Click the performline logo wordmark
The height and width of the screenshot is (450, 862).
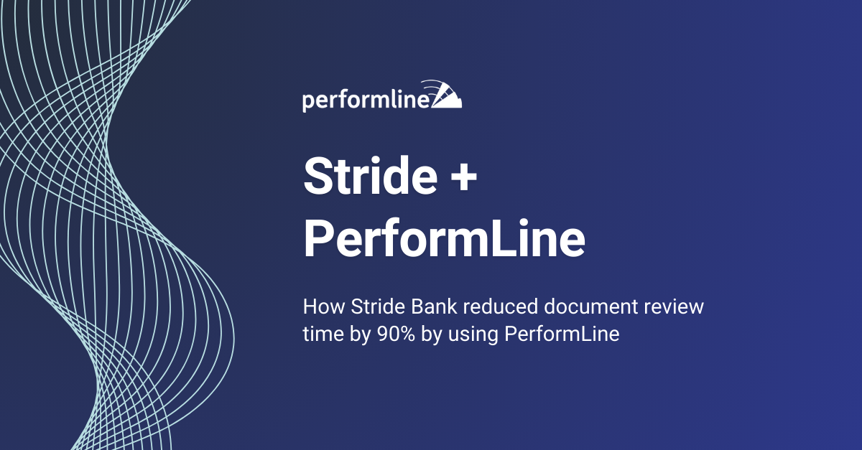[366, 100]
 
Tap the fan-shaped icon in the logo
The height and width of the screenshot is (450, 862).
[445, 95]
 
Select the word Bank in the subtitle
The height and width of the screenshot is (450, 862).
[427, 307]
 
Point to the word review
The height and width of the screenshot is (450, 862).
[671, 307]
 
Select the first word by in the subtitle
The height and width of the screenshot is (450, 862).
[354, 335]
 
